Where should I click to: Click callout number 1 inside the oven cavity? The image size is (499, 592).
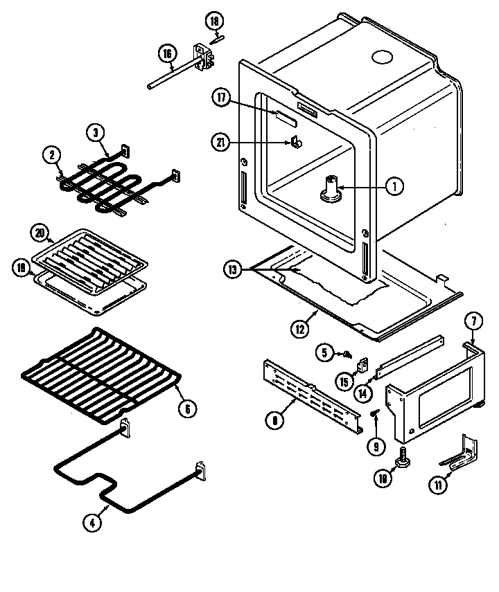point(394,186)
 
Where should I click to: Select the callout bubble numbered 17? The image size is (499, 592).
point(222,98)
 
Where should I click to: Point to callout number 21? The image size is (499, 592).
point(222,143)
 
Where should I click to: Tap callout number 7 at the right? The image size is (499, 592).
point(473,321)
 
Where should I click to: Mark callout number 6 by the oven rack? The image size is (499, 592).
point(186,409)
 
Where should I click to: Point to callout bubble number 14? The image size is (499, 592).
point(361,391)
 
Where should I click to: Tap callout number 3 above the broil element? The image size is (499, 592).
point(96,132)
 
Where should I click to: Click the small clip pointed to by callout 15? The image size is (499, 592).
point(362,364)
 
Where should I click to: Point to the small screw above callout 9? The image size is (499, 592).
point(375,413)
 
